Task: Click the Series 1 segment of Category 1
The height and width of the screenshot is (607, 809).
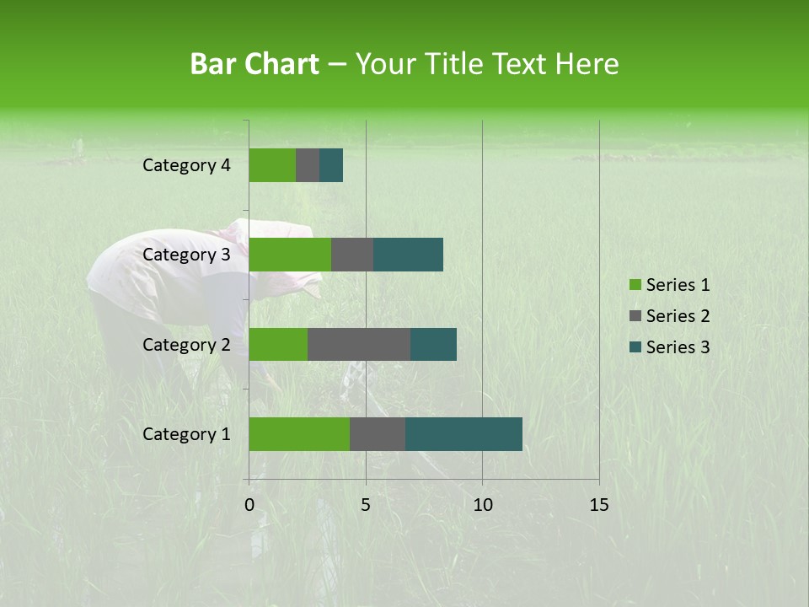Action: [x=299, y=434]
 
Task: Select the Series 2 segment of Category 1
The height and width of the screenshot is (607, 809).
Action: [x=378, y=434]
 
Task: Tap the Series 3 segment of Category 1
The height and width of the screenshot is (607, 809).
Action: [x=463, y=434]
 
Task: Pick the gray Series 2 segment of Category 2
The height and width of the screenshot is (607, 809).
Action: [x=359, y=344]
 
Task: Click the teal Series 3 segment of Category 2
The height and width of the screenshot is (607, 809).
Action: [x=433, y=344]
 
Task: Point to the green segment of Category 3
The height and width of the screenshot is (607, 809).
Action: [x=290, y=255]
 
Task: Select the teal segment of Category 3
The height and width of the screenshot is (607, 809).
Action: [x=408, y=255]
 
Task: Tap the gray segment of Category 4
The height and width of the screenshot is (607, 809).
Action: [x=308, y=165]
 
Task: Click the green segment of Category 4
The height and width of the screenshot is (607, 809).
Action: [x=272, y=165]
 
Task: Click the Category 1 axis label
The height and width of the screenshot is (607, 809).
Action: [x=186, y=434]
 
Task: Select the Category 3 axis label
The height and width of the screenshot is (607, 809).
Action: [x=186, y=255]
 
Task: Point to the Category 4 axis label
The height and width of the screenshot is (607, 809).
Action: [x=186, y=165]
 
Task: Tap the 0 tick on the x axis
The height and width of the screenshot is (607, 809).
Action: [x=249, y=505]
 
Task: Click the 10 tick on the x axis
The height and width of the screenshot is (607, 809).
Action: [x=482, y=505]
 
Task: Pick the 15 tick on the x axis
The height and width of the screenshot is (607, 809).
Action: [x=599, y=505]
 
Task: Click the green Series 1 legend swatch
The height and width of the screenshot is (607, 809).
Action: [x=635, y=285]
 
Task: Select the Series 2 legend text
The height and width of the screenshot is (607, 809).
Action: [x=678, y=316]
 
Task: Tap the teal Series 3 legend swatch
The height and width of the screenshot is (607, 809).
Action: [x=635, y=347]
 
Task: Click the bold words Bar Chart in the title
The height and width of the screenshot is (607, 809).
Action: [x=254, y=64]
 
